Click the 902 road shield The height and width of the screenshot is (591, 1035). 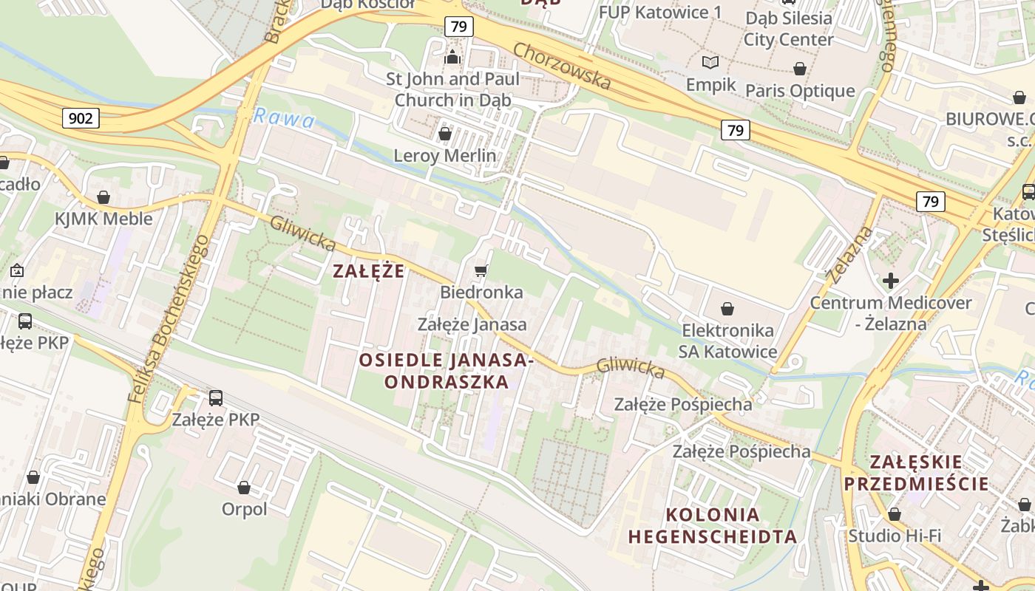coord(81,117)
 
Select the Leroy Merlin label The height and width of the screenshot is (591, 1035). coord(445,156)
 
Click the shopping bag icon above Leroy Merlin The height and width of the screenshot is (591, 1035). coord(445,134)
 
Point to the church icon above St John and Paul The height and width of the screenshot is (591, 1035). coord(452,56)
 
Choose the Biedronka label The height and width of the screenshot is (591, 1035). coord(481,293)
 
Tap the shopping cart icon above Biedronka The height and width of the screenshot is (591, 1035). coord(481,271)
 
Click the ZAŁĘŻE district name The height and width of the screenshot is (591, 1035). coord(369,271)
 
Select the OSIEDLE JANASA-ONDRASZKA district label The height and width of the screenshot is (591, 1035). coord(447,371)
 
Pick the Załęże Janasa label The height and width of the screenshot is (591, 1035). coord(472,324)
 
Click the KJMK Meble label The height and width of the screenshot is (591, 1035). coord(103,219)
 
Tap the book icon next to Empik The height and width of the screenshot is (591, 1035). coord(710,63)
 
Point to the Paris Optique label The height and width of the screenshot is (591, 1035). coord(800,91)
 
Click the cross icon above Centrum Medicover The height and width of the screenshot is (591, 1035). coord(891,281)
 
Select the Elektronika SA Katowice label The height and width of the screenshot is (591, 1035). coord(728,341)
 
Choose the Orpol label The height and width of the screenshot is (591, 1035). coord(244,509)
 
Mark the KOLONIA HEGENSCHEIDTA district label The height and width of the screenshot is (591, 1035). coord(713,525)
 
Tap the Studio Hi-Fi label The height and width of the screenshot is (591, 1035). coord(895,536)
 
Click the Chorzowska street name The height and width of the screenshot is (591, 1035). coord(563,66)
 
